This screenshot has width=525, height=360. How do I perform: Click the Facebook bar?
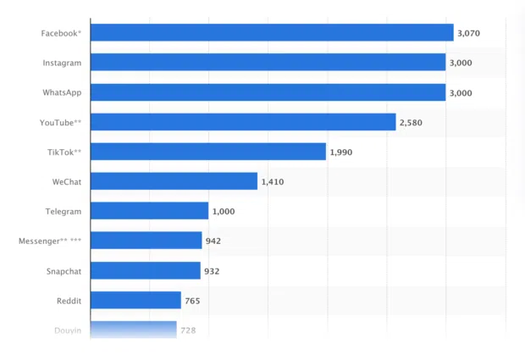point(271,33)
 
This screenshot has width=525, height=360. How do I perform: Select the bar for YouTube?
point(242,122)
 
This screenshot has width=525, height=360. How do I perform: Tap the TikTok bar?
point(207,152)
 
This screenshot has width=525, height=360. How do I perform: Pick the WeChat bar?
point(174,181)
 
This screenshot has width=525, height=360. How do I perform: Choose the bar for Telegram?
point(149,211)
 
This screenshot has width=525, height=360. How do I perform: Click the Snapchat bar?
point(145,270)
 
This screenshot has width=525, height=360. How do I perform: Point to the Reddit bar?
point(135,300)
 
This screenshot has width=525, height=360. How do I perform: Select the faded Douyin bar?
point(133,329)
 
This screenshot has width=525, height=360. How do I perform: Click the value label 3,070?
point(469,33)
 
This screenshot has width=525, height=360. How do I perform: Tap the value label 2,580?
point(411,123)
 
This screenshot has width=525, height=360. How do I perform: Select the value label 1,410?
point(273,182)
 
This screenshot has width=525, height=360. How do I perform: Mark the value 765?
point(192,301)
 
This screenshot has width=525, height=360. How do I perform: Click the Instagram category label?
point(62,64)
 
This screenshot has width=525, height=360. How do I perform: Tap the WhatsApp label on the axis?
point(62,92)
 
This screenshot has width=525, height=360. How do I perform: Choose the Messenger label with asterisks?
point(50,241)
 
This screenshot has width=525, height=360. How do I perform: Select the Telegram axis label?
point(64,211)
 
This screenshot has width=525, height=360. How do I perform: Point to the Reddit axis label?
point(68,301)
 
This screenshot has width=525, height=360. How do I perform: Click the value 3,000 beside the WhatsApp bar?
point(461,93)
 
